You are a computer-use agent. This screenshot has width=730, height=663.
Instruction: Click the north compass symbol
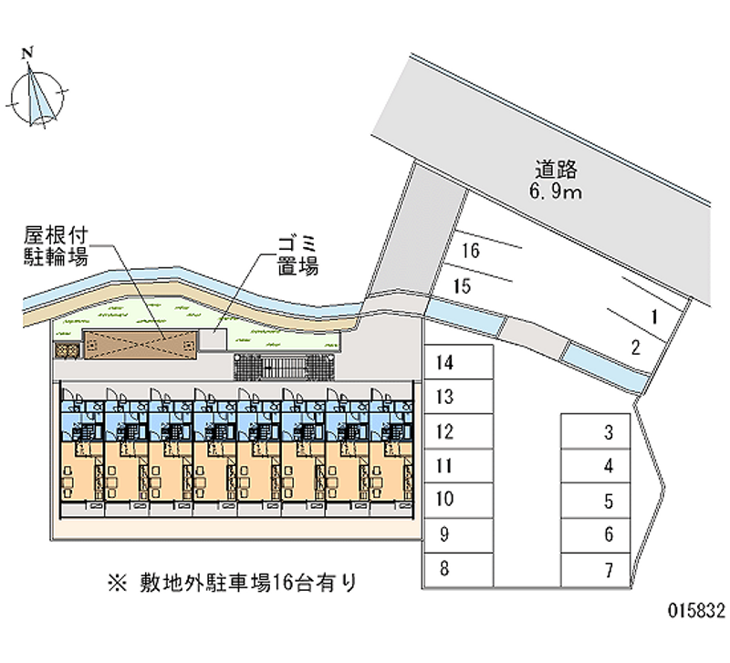(x=37, y=91)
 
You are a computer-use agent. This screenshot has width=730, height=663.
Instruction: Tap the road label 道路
(x=556, y=169)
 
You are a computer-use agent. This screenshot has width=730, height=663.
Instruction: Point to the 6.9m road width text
(x=556, y=192)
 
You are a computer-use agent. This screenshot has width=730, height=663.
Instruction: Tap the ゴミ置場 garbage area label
(x=297, y=257)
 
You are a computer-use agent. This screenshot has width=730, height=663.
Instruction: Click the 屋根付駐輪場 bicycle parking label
(x=56, y=247)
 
